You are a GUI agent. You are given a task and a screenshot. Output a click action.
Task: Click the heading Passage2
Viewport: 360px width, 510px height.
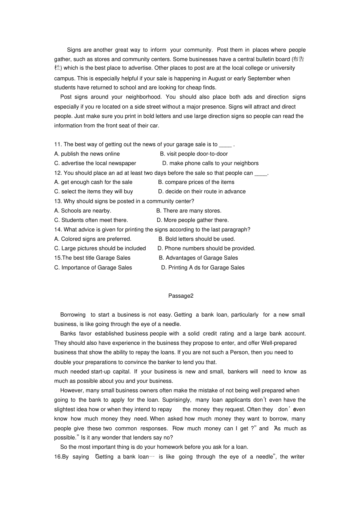click(181, 296)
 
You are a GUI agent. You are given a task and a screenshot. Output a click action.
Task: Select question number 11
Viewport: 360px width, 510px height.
click(58, 144)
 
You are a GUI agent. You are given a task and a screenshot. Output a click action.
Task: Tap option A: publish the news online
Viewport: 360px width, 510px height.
click(87, 154)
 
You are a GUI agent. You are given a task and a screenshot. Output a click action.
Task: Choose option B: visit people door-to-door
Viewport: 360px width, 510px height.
click(194, 154)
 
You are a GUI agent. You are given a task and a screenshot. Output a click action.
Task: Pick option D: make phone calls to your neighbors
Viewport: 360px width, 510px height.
click(210, 163)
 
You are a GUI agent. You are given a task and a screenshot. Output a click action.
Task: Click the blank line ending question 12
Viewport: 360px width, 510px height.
click(261, 173)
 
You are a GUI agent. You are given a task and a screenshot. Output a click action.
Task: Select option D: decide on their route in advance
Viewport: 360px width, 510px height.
click(202, 191)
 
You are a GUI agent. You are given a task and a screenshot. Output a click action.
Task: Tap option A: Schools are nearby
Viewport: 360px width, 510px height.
click(83, 211)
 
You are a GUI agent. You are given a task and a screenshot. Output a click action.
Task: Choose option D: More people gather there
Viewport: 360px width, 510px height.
click(193, 220)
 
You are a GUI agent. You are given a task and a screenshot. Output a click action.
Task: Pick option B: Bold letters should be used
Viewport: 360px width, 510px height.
click(197, 239)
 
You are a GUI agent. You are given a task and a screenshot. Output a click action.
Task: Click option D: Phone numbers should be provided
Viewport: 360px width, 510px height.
click(206, 248)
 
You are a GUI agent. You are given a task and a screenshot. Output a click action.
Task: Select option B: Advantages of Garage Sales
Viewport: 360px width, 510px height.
click(198, 258)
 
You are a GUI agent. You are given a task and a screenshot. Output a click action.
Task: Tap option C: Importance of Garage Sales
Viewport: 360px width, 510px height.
click(93, 268)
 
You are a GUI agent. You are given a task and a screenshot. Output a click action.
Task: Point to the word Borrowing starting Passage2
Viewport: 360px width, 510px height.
click(73, 315)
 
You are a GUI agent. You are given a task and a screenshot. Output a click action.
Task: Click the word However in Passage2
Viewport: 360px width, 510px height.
click(72, 391)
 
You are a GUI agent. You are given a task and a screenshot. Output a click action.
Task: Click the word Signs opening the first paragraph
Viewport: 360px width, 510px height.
click(74, 50)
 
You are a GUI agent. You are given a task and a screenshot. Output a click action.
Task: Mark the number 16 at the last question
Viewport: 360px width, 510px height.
click(58, 457)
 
